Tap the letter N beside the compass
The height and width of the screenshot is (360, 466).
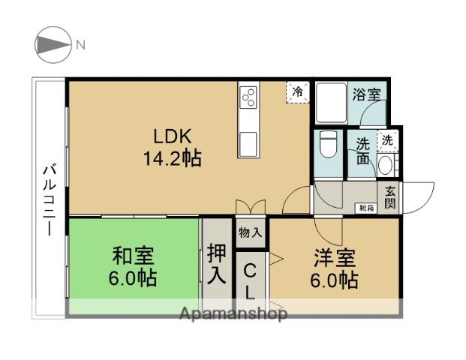click(x=80, y=45)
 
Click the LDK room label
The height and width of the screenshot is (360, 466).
click(x=173, y=137)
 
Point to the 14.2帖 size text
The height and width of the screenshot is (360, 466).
click(x=173, y=159)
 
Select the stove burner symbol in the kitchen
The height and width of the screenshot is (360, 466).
click(x=248, y=97)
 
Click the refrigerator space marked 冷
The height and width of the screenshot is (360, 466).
click(x=298, y=92)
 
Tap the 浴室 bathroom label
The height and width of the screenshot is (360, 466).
click(x=367, y=94)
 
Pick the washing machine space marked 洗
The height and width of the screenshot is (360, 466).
click(x=387, y=139)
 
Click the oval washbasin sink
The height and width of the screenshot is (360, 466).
click(x=386, y=165)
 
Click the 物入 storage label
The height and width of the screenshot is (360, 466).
click(x=251, y=232)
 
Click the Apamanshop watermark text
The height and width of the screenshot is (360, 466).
click(x=233, y=314)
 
